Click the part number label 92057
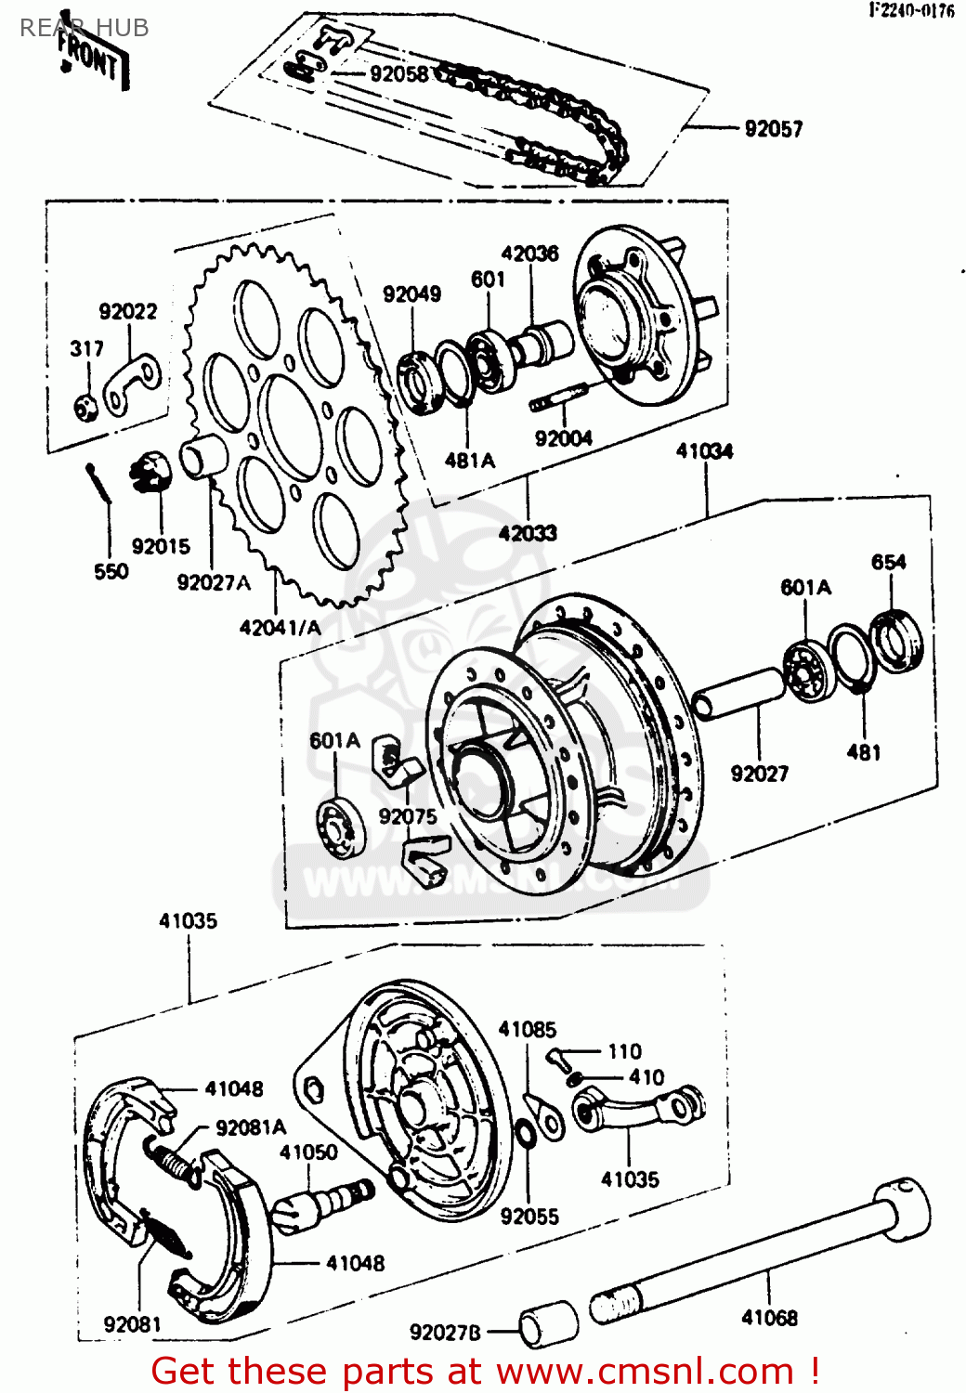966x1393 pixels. pyautogui.click(x=773, y=129)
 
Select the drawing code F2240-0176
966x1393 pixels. pyautogui.click(x=911, y=10)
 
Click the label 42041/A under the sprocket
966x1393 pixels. pyautogui.click(x=280, y=628)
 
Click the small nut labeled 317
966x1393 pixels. pyautogui.click(x=86, y=407)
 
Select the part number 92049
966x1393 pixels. pyautogui.click(x=411, y=294)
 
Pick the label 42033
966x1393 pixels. pyautogui.click(x=528, y=533)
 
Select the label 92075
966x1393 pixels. pyautogui.click(x=407, y=816)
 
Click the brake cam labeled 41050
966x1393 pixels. pyautogui.click(x=324, y=1204)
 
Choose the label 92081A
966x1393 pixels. pyautogui.click(x=251, y=1127)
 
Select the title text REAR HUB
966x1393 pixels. pyautogui.click(x=85, y=28)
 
